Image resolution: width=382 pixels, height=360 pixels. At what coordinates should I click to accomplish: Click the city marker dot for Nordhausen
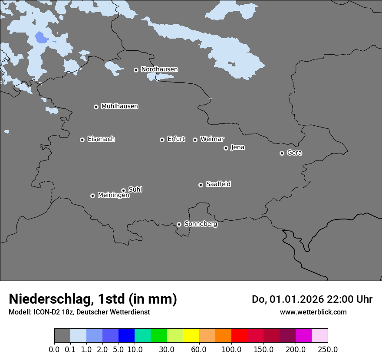tap(136, 70)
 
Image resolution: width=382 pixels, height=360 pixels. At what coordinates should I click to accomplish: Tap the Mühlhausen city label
tap(119, 106)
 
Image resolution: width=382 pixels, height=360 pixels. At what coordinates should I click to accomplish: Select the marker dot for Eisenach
tap(82, 140)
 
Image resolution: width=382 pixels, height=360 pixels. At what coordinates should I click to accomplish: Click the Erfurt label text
tap(176, 139)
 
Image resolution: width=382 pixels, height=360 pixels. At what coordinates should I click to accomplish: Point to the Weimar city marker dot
tap(195, 140)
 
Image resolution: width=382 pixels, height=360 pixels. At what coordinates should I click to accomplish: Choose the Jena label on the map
tap(237, 147)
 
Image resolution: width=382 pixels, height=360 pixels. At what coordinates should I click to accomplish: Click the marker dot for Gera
tap(282, 153)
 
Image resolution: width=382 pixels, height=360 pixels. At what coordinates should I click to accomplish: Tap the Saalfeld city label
tap(218, 184)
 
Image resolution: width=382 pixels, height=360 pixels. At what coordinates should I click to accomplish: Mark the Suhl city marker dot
tap(123, 190)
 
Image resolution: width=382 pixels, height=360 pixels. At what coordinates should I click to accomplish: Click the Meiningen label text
tap(113, 196)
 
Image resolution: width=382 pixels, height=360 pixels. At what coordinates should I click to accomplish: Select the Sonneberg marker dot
tap(179, 225)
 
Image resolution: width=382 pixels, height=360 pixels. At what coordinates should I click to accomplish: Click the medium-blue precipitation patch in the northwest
tap(41, 38)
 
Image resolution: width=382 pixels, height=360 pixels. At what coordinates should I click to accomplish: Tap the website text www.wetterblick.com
tap(313, 312)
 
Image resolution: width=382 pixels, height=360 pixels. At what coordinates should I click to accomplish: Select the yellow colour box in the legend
tap(191, 336)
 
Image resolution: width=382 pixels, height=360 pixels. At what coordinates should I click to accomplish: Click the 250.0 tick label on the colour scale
tap(328, 350)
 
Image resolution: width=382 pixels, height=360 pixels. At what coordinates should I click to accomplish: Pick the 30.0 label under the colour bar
tap(167, 350)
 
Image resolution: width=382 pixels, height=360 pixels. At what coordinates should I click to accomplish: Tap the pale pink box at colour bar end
tap(319, 336)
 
